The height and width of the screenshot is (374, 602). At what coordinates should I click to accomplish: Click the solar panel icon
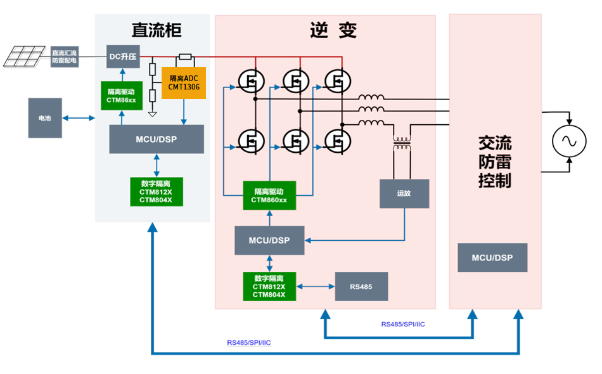(x=25, y=56)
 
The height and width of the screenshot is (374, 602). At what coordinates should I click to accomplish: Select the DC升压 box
(x=123, y=57)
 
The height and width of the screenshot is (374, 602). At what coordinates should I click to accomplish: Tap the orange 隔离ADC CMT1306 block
(x=184, y=82)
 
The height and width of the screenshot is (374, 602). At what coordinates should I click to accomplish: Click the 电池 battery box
(x=45, y=118)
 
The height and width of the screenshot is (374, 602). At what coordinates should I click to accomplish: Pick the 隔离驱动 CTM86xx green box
(x=121, y=96)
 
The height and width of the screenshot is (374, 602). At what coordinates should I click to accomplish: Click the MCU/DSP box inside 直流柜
(x=157, y=139)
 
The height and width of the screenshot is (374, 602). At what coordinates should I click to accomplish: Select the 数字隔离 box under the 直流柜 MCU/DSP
(x=157, y=191)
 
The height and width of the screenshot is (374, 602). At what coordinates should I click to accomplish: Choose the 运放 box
(x=404, y=193)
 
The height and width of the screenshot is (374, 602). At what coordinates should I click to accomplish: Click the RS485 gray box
(x=361, y=287)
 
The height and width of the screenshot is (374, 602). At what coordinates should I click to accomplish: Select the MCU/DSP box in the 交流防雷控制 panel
(x=492, y=258)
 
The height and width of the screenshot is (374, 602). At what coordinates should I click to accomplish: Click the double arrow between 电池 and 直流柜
(x=79, y=118)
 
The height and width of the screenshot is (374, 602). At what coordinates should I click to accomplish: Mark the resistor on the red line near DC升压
(x=186, y=56)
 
